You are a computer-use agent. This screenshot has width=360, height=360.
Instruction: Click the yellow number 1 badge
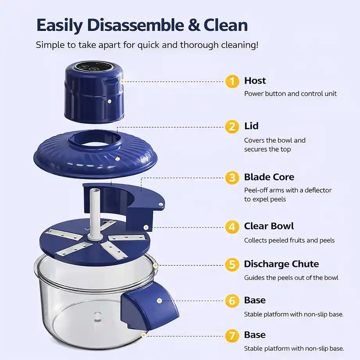tap(232, 81)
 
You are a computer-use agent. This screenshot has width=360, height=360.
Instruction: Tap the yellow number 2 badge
tap(232, 127)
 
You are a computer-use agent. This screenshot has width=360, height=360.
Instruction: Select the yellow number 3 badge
tap(232, 178)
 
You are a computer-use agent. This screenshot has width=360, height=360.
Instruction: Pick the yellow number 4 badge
tap(232, 227)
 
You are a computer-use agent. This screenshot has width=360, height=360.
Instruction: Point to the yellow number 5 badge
tap(232, 265)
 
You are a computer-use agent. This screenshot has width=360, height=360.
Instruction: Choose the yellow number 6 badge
tap(232, 301)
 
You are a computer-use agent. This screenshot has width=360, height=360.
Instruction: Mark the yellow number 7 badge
tap(232, 336)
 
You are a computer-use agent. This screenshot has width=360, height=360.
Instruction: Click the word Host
tap(255, 81)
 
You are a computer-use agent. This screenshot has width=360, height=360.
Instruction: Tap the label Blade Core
tap(269, 177)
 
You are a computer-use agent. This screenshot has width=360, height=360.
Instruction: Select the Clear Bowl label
tap(269, 226)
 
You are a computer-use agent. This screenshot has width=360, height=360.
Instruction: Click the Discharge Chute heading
tap(281, 264)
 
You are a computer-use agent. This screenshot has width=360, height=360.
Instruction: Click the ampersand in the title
tap(194, 25)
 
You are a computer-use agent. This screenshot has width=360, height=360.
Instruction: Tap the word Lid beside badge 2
tap(251, 126)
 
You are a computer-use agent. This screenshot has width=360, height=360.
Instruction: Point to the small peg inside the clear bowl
tap(97, 316)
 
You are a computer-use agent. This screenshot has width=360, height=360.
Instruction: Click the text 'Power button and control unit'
tap(290, 94)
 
